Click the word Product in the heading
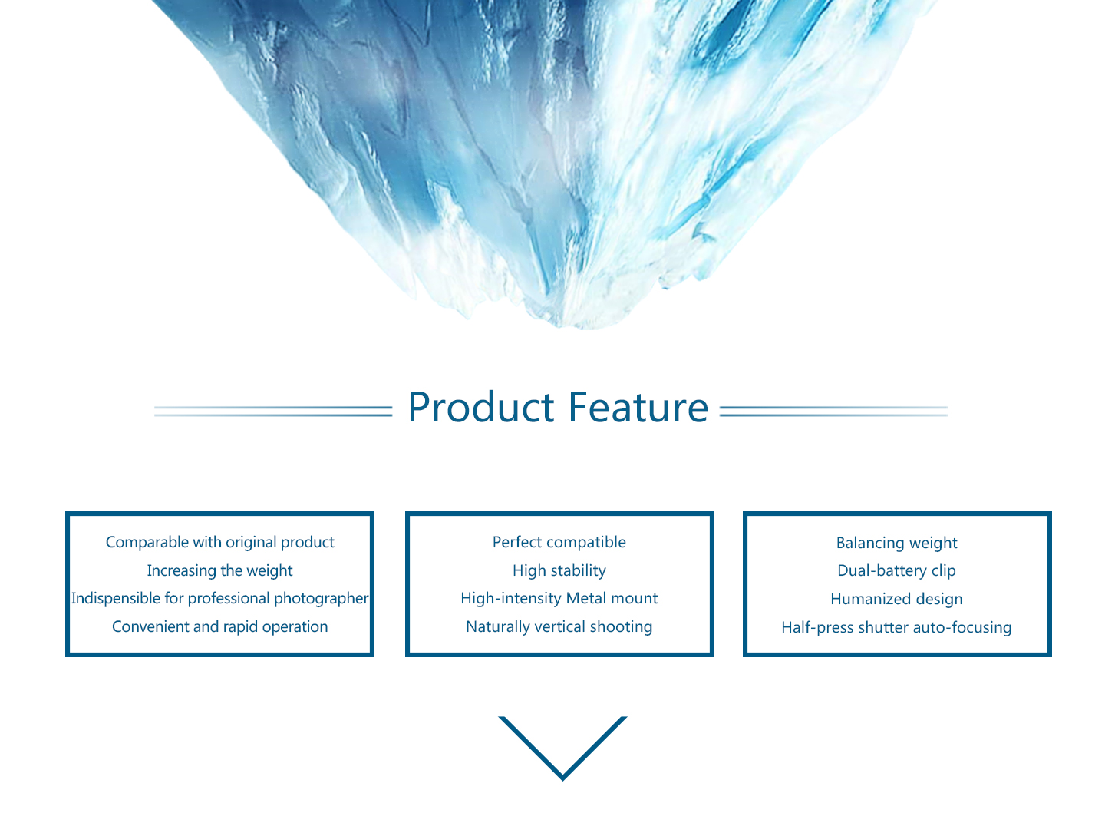tap(481, 407)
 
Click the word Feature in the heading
tap(638, 407)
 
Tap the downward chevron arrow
tap(562, 748)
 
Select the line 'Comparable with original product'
tap(219, 543)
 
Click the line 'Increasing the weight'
tap(219, 570)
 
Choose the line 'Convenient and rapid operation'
tap(219, 626)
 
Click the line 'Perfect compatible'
tap(559, 543)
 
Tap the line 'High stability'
tap(559, 570)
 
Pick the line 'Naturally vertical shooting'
tap(559, 626)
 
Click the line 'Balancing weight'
tap(896, 543)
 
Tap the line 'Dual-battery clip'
tap(896, 570)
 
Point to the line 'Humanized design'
tap(896, 599)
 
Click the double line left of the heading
tap(273, 411)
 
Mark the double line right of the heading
tap(833, 411)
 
